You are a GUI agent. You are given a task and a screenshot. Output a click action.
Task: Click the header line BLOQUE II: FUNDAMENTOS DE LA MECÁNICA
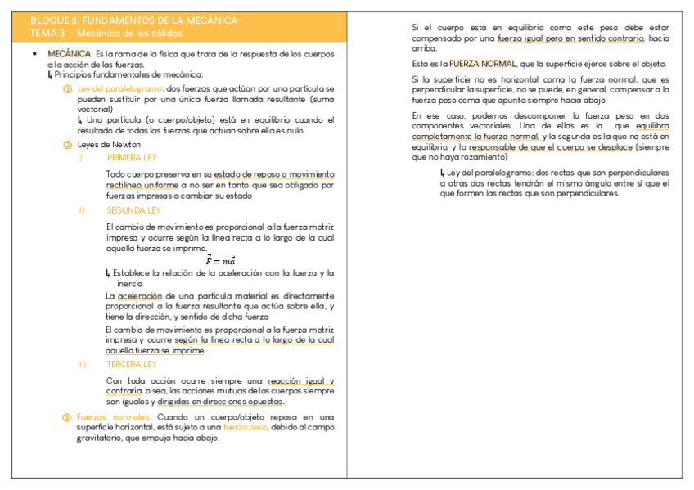pyautogui.click(x=133, y=20)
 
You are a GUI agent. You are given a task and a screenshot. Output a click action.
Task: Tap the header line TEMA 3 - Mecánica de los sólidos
pyautogui.click(x=106, y=34)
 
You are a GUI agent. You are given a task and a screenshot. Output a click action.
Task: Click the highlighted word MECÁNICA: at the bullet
pyautogui.click(x=70, y=54)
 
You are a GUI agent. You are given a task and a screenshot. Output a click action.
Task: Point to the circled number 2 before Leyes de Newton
pyautogui.click(x=67, y=145)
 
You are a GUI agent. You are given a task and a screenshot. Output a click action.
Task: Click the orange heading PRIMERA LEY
pyautogui.click(x=132, y=158)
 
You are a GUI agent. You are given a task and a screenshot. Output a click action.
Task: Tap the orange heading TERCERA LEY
pyautogui.click(x=131, y=364)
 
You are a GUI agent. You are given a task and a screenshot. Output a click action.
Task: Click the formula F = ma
pyautogui.click(x=220, y=260)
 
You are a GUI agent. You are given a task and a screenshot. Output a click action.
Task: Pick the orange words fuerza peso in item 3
pyautogui.click(x=246, y=427)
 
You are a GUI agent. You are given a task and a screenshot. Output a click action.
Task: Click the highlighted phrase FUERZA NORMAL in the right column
pyautogui.click(x=483, y=64)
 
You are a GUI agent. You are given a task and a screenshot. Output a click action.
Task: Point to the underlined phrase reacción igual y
pyautogui.click(x=300, y=381)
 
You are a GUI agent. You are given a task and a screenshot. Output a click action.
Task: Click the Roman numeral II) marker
pyautogui.click(x=82, y=210)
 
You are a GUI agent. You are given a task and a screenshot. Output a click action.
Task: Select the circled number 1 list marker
pyautogui.click(x=67, y=88)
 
